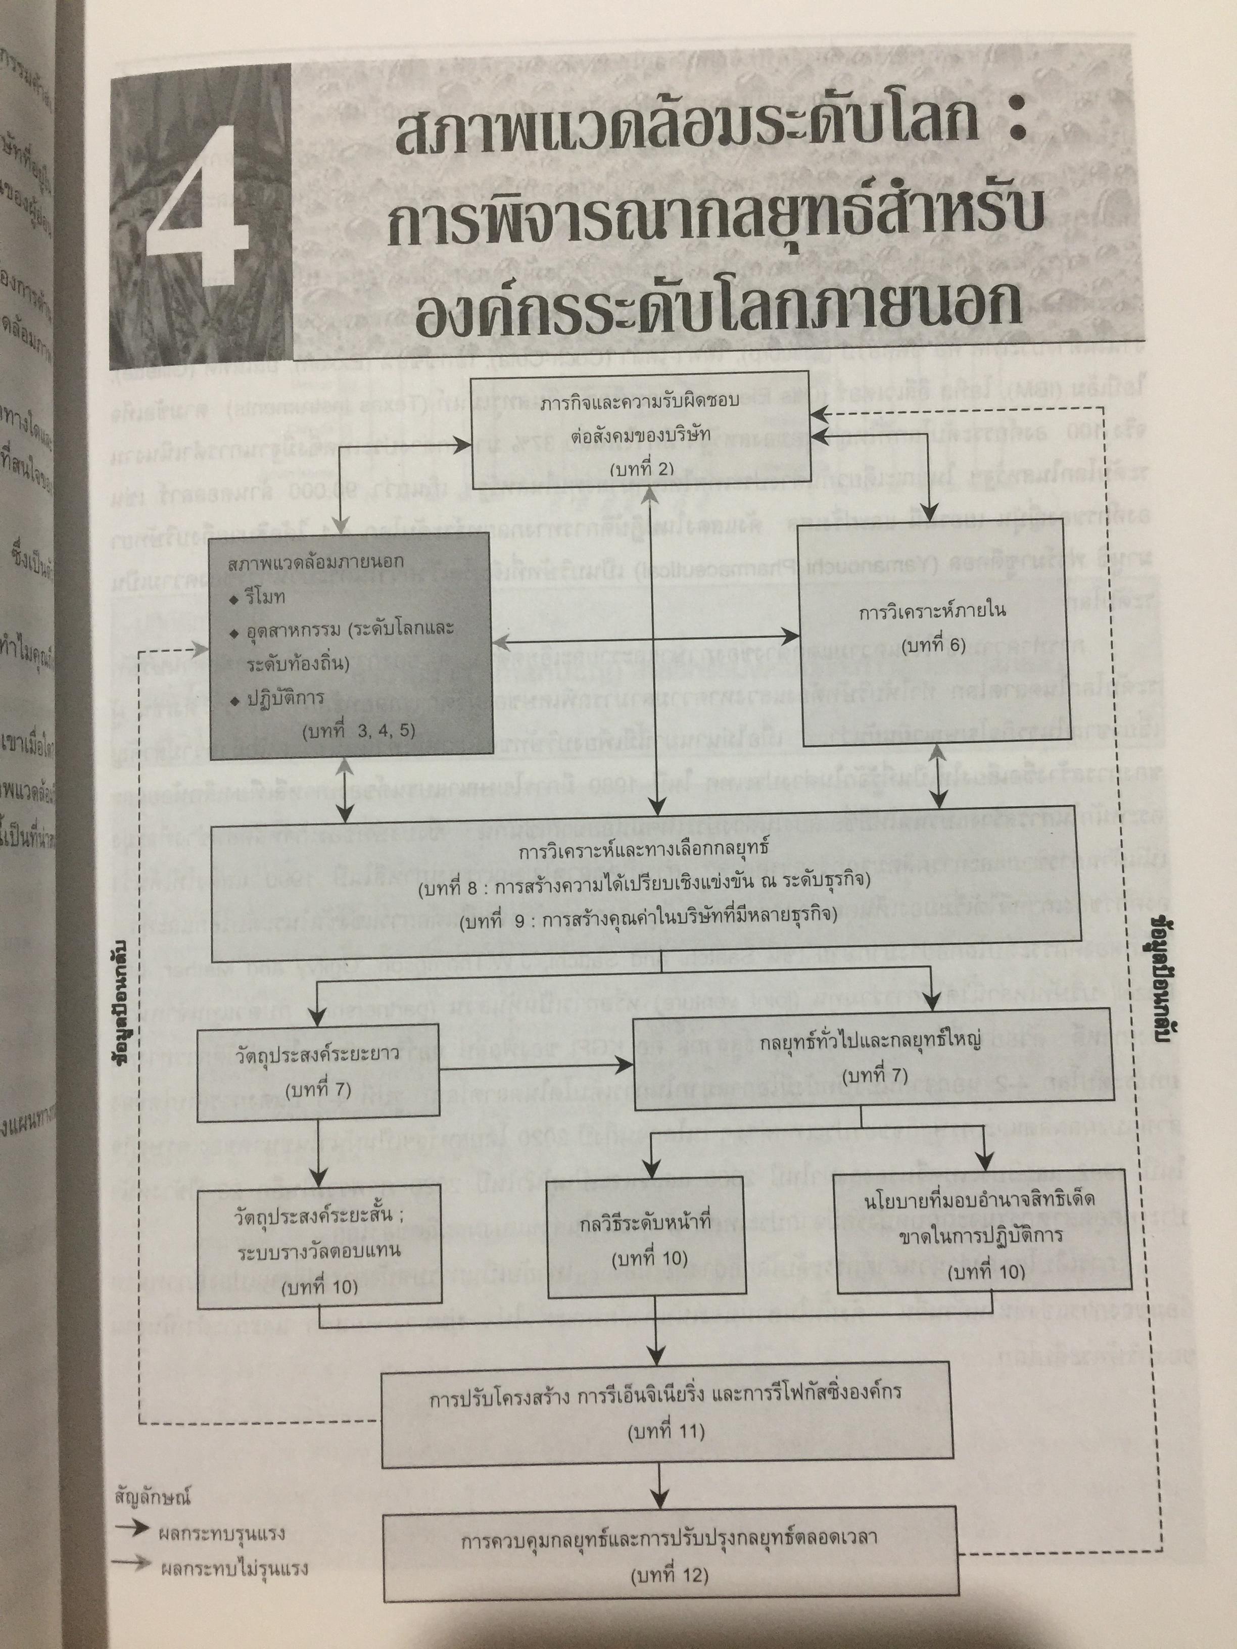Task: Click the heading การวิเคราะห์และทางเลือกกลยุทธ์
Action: click(x=646, y=848)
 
